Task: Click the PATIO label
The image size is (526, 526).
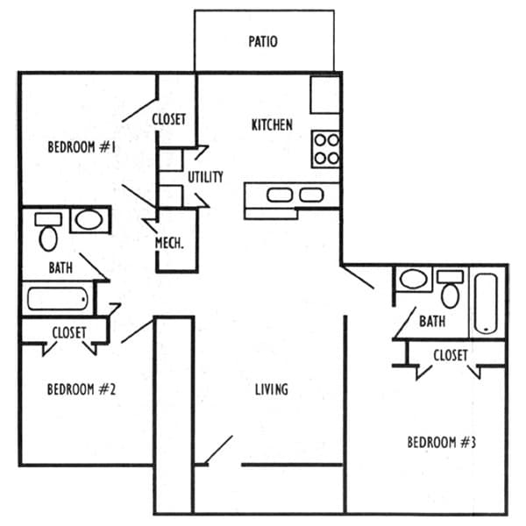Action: click(263, 41)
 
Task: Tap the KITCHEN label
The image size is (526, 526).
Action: click(272, 124)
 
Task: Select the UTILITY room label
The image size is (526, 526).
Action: click(205, 177)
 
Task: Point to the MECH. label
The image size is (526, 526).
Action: click(169, 243)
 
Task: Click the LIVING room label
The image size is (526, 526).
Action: click(272, 389)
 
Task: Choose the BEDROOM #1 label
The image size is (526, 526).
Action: click(82, 147)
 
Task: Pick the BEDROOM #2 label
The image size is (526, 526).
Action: click(82, 389)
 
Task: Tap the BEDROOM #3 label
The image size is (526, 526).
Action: click(442, 442)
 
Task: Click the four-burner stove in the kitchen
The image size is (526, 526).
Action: click(325, 149)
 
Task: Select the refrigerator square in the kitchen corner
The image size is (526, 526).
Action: click(325, 95)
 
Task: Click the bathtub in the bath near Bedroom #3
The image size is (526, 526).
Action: click(486, 303)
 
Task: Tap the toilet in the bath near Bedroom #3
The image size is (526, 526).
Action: click(451, 288)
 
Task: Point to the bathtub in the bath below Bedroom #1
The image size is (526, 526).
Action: click(58, 299)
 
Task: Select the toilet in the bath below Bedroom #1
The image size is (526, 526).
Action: click(48, 231)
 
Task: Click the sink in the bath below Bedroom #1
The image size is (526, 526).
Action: click(89, 220)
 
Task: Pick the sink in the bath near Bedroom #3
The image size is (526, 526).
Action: click(414, 279)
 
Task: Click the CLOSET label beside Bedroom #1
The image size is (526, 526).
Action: click(168, 119)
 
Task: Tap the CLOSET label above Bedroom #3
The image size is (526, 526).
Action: click(451, 355)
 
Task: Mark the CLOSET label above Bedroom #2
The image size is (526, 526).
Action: click(69, 332)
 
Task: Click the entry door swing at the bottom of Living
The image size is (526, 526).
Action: click(218, 450)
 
